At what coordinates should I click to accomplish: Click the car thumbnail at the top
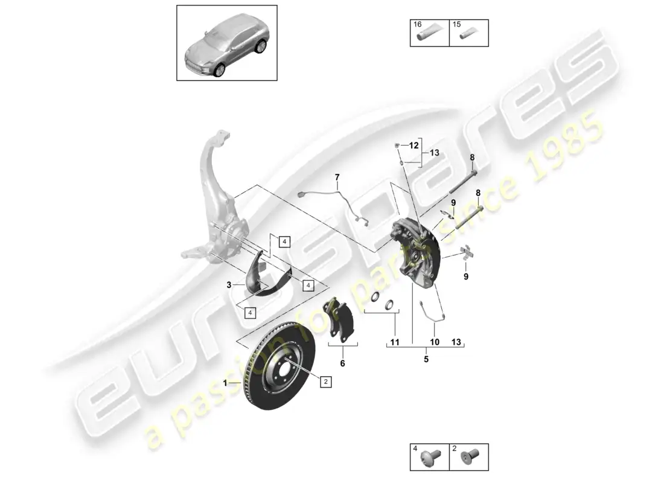click(x=226, y=43)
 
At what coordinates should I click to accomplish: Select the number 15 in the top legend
click(x=457, y=25)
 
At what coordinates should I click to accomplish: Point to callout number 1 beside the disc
click(x=225, y=383)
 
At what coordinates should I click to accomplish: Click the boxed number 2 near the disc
click(x=325, y=382)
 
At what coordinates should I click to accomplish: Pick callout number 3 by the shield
click(x=229, y=284)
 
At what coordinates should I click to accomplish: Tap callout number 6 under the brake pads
click(x=342, y=363)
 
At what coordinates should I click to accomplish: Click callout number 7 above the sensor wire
click(x=337, y=177)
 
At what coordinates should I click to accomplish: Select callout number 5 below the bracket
click(x=426, y=359)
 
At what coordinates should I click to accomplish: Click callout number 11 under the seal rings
click(x=395, y=342)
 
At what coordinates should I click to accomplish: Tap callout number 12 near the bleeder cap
click(x=413, y=146)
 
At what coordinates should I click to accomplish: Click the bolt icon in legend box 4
click(x=431, y=461)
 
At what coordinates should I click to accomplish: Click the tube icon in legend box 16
click(x=430, y=36)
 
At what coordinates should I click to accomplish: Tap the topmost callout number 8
click(x=472, y=158)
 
